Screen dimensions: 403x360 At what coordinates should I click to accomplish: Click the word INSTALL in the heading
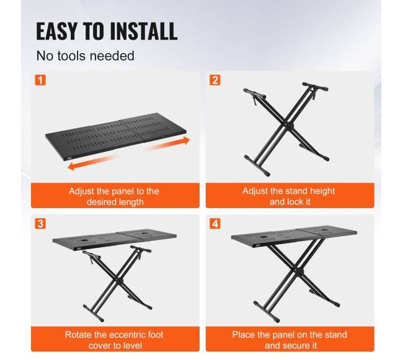click(144, 31)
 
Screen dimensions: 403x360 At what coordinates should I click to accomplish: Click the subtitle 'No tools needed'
click(86, 56)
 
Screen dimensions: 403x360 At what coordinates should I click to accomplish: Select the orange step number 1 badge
click(40, 80)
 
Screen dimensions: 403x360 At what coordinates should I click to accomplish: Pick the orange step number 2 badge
click(215, 80)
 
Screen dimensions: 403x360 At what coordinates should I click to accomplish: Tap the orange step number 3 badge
click(40, 224)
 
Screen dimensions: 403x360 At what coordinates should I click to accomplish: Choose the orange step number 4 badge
click(215, 224)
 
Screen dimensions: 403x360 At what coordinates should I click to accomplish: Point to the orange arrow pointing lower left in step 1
click(92, 162)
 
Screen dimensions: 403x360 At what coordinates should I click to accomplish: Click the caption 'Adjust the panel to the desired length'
click(114, 196)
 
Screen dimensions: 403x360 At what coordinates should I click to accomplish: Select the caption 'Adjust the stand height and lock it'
click(289, 196)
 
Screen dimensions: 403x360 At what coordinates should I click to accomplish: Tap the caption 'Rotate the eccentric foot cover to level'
click(114, 340)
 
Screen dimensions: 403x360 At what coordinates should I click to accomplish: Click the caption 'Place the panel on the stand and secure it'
click(290, 340)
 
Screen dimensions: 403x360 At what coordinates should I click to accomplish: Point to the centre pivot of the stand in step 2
click(290, 125)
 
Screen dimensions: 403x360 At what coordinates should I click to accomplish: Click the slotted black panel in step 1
click(116, 136)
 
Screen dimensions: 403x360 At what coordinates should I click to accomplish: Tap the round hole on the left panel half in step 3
click(84, 240)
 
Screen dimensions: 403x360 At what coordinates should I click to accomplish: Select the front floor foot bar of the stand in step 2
click(257, 165)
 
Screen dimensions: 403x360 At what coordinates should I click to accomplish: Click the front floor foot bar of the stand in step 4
click(267, 312)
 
